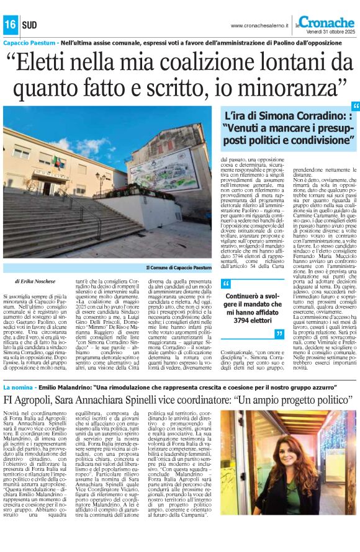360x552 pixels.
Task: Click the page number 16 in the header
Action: [11, 25]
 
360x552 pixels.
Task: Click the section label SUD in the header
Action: [29, 25]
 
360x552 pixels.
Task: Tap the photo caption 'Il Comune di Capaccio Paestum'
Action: [179, 267]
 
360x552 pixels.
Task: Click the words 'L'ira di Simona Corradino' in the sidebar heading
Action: [276, 116]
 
